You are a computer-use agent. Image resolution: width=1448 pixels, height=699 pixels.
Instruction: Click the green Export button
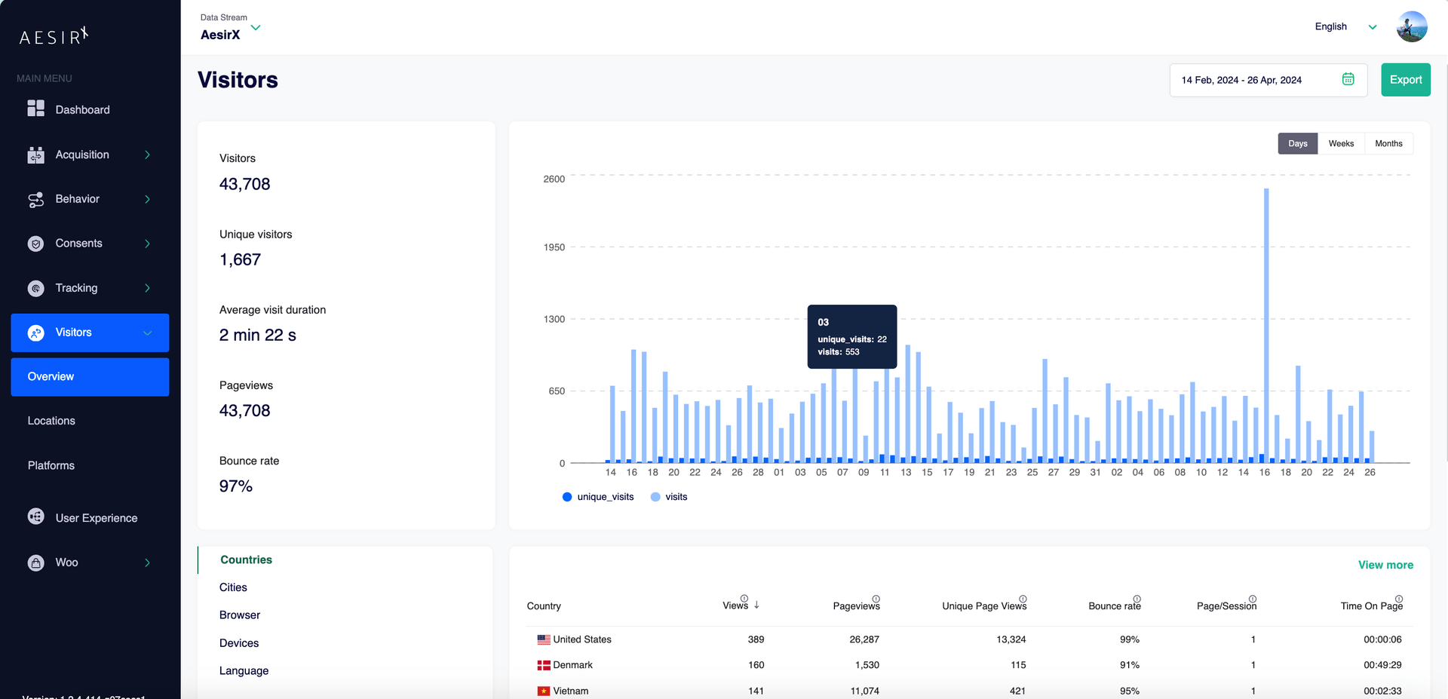(x=1405, y=80)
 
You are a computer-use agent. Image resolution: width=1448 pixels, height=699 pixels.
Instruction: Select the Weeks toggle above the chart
(x=1340, y=144)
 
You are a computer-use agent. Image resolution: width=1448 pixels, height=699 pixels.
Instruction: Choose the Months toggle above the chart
(x=1388, y=144)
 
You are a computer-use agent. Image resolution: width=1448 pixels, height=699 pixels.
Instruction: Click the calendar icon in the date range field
(x=1348, y=79)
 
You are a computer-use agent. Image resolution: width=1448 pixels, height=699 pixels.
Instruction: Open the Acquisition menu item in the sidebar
(x=82, y=155)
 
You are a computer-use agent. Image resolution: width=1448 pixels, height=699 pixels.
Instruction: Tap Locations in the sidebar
(x=51, y=421)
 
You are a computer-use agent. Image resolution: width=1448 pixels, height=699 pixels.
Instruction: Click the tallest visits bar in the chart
(x=1266, y=324)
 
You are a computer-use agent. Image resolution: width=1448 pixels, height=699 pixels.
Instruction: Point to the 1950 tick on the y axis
(x=554, y=247)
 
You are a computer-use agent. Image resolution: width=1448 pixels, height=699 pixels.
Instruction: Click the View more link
(x=1385, y=565)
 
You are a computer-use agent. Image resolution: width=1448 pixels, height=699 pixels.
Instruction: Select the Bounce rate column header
(x=1114, y=606)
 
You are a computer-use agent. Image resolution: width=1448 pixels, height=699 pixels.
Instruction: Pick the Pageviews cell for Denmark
(x=867, y=665)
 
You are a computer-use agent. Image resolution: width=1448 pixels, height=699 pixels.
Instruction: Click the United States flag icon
(x=543, y=639)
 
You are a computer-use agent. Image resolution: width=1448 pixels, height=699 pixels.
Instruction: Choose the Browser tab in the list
(x=239, y=615)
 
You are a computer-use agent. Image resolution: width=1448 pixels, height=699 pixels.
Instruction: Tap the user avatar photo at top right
(x=1411, y=27)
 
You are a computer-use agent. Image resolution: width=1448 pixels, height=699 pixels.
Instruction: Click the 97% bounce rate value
(x=235, y=486)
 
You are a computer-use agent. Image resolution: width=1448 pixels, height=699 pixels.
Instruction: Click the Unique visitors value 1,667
(x=240, y=260)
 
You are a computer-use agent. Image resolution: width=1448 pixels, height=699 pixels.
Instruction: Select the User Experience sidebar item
(x=96, y=518)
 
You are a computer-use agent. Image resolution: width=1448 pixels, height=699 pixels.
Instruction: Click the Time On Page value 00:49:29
(x=1382, y=665)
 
